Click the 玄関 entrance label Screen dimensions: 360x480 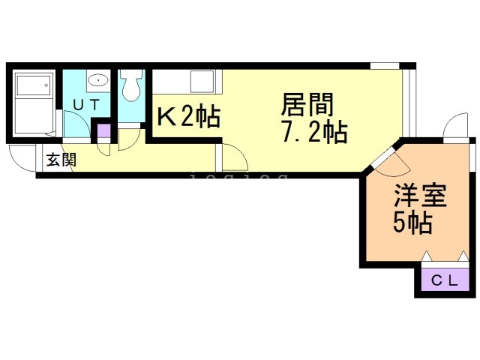60,159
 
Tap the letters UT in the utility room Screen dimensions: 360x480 85,106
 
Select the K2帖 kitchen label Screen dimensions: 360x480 187,117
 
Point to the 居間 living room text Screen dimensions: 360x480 307,103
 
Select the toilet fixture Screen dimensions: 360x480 132,85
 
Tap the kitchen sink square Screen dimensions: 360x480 202,80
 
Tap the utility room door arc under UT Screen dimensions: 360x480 77,123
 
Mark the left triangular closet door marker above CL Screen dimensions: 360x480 429,257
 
